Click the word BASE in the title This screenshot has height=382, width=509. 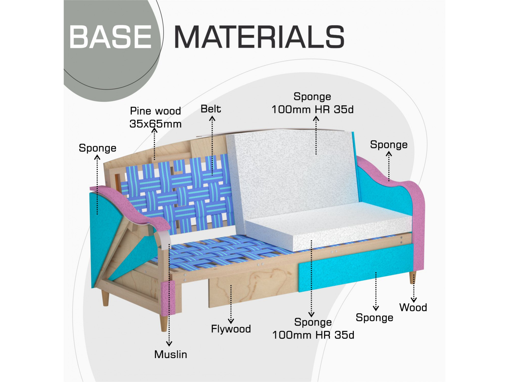[x=111, y=37]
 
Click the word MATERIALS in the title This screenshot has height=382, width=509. [x=259, y=37]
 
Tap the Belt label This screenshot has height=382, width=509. [x=211, y=109]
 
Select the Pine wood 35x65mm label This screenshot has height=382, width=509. [x=155, y=117]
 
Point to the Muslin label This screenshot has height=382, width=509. [x=171, y=354]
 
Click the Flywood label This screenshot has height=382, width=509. [x=231, y=329]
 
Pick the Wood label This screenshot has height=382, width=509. [x=413, y=307]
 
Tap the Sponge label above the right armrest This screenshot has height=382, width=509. [x=389, y=145]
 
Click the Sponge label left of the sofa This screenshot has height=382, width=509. [x=97, y=148]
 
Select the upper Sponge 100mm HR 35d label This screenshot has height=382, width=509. [x=313, y=103]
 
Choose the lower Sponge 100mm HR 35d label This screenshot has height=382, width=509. [x=313, y=329]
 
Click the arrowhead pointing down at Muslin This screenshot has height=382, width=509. [x=169, y=344]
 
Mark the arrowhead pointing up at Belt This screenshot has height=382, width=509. [x=212, y=119]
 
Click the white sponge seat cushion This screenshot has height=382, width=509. [x=328, y=225]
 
